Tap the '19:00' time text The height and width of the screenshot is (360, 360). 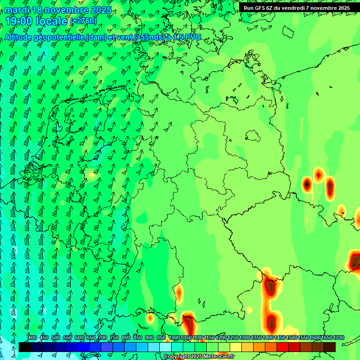22,21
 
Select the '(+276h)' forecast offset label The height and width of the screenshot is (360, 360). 83,21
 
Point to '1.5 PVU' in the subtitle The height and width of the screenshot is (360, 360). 187,37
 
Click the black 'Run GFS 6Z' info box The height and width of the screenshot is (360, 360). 296,8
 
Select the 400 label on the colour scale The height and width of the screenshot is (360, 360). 32,338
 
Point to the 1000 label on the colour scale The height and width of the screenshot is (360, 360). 174,338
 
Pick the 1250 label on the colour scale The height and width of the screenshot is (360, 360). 233,338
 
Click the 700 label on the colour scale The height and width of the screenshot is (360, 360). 103,338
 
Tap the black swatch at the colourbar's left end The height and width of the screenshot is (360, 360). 25,347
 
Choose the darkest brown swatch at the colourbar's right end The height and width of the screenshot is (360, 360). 330,347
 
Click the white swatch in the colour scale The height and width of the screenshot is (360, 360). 165,347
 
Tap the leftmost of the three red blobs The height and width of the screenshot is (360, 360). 307,184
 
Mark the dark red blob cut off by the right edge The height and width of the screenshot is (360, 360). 355,261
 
